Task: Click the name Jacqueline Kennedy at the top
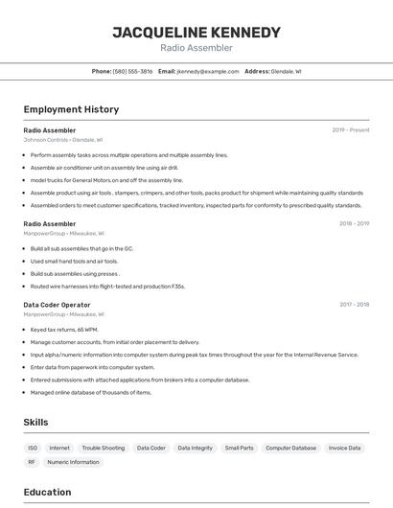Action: point(196,33)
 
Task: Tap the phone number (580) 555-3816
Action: point(132,71)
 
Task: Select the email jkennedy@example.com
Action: point(208,71)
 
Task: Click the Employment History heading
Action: point(71,109)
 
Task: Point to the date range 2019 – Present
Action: point(351,130)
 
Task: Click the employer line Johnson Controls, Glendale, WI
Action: point(63,140)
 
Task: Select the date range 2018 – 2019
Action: point(354,223)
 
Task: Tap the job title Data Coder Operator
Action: point(57,305)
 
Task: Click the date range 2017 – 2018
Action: point(354,305)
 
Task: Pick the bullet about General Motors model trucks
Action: point(106,180)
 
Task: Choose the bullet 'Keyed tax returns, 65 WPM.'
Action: point(64,330)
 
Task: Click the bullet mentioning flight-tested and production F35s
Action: point(107,286)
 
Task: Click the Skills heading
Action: point(36,422)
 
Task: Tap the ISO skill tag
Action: point(33,448)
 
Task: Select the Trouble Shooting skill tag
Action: point(103,448)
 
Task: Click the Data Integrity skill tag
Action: point(195,448)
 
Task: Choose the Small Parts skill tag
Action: point(240,448)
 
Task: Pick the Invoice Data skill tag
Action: point(344,448)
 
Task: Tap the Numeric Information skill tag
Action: point(73,462)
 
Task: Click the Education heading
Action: point(48,493)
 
